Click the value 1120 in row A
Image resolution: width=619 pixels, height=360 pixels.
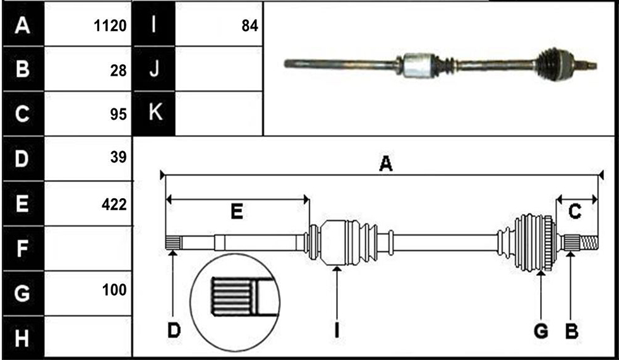(x=110, y=27)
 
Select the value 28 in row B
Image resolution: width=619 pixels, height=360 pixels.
(x=119, y=71)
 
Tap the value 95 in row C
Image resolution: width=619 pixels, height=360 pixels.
(x=119, y=114)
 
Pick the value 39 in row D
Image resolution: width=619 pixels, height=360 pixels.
(x=119, y=157)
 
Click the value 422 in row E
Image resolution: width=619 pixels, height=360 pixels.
(x=114, y=205)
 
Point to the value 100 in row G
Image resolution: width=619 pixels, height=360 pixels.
(x=114, y=291)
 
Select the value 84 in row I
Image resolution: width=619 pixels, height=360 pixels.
(x=250, y=27)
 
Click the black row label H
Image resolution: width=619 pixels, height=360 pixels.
(x=22, y=338)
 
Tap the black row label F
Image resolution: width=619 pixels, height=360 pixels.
(x=22, y=248)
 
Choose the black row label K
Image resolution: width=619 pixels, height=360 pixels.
(x=155, y=114)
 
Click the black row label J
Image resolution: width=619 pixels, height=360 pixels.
(x=154, y=69)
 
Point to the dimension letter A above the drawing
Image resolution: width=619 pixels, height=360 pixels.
(x=386, y=164)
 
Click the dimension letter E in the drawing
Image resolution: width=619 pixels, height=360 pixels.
(x=236, y=212)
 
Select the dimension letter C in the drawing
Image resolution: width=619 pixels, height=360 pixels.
(x=574, y=212)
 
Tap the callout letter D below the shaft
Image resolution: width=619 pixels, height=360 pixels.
(x=174, y=330)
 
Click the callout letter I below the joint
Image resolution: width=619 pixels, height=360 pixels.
(x=336, y=330)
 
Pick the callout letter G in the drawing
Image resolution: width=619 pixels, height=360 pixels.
(x=541, y=331)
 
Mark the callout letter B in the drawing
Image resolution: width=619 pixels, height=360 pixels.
(x=571, y=331)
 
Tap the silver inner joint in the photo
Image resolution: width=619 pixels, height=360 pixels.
(x=418, y=64)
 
